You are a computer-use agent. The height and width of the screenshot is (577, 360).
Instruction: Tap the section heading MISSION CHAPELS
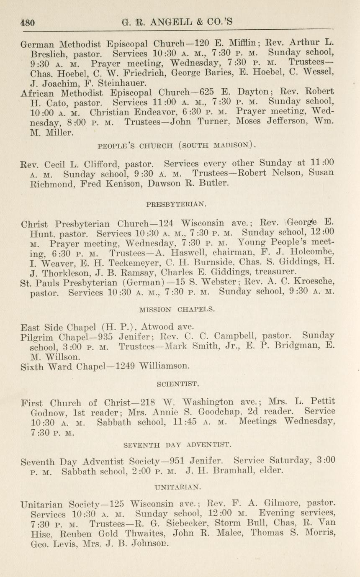click(x=177, y=310)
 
